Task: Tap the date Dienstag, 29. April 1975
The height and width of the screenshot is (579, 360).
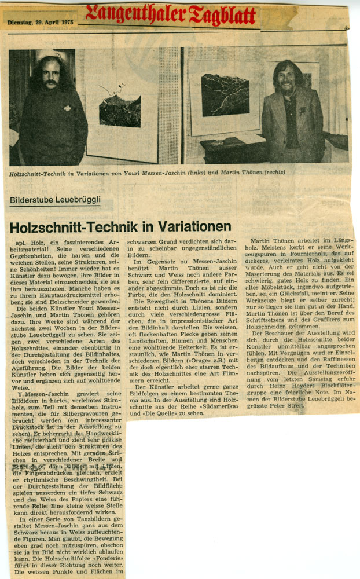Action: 41,22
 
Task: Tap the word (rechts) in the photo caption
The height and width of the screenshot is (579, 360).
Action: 272,172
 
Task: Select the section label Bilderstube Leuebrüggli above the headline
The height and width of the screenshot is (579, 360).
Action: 55,200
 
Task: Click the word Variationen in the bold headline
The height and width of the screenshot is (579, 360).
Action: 190,226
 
